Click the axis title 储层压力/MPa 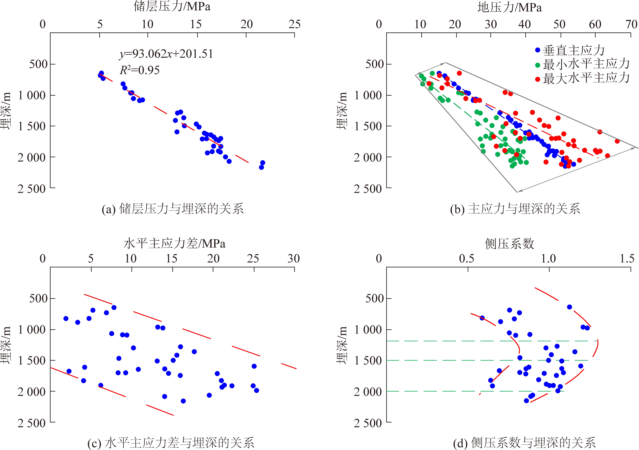pyautogui.click(x=172, y=7)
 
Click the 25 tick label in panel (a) pyautogui.click(x=294, y=25)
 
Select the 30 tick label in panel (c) pyautogui.click(x=294, y=259)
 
